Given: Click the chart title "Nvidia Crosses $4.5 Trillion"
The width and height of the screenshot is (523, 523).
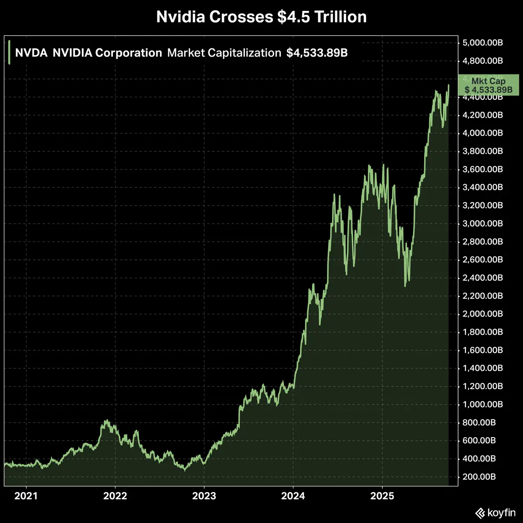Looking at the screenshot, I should coord(261,17).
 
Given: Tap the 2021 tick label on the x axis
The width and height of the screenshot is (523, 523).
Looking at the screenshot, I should coord(26,496).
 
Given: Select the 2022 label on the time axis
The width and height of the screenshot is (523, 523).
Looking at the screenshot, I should coord(115,496).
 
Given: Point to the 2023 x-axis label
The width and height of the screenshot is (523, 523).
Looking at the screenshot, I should coord(204,496).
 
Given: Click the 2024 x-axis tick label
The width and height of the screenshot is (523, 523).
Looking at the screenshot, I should coord(293,496).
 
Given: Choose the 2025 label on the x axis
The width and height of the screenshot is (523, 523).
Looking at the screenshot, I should coord(382,496).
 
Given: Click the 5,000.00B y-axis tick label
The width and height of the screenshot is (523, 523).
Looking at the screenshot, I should coord(483,43).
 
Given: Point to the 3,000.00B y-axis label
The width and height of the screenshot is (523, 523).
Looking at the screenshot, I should coord(483,224).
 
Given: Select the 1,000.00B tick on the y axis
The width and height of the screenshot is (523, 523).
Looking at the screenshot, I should coord(483,404).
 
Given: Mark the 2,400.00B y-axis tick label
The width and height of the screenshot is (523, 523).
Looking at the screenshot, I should coord(483,278).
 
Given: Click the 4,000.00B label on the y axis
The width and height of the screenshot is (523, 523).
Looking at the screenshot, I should coord(483,133).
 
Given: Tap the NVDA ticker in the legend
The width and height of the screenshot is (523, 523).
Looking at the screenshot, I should coord(31,53).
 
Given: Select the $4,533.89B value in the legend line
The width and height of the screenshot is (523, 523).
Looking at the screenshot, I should coord(317,53).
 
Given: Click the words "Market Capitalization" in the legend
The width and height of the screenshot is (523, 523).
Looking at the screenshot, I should coord(224,53).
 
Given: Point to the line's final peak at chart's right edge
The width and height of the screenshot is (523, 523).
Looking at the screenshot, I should coord(448,85).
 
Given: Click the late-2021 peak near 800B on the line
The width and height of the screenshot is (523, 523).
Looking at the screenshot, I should coord(106,421).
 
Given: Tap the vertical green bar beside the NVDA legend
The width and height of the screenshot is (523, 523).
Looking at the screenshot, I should coord(9,52).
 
